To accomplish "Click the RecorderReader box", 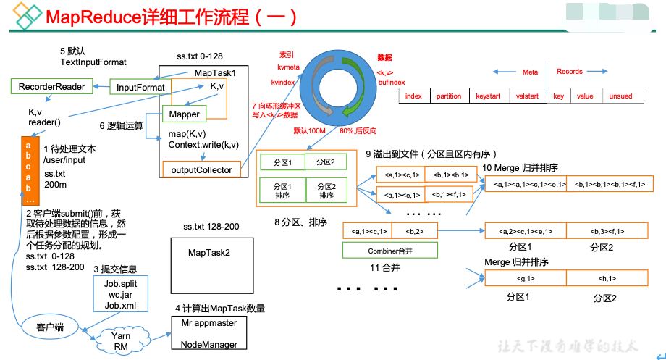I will [x=51, y=87].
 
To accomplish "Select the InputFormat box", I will [x=140, y=88].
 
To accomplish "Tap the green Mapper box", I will [x=185, y=114].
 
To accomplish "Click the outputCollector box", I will [x=201, y=170].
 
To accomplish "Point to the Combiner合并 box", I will [x=389, y=251].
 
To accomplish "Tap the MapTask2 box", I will [x=208, y=253].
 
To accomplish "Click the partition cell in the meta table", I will [x=449, y=96].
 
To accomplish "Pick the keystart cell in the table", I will [x=488, y=96].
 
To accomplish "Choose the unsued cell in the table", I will [x=620, y=96].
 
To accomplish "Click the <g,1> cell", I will [x=525, y=278].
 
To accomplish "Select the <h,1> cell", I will [x=607, y=278].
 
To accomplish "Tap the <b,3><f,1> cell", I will [x=607, y=232].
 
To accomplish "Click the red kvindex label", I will [x=283, y=83].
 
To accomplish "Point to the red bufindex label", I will [x=391, y=83].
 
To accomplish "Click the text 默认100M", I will [x=311, y=131].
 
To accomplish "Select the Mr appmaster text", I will [x=208, y=325].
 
